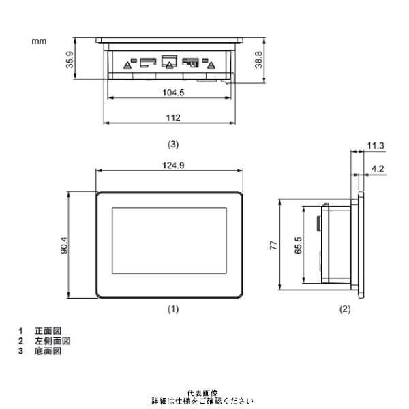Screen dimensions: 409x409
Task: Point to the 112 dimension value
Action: click(172, 118)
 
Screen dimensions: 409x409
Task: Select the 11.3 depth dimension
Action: click(375, 145)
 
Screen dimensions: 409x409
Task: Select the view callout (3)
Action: click(173, 145)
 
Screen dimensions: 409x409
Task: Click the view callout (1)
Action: click(173, 309)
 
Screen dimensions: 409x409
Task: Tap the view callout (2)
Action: click(345, 309)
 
